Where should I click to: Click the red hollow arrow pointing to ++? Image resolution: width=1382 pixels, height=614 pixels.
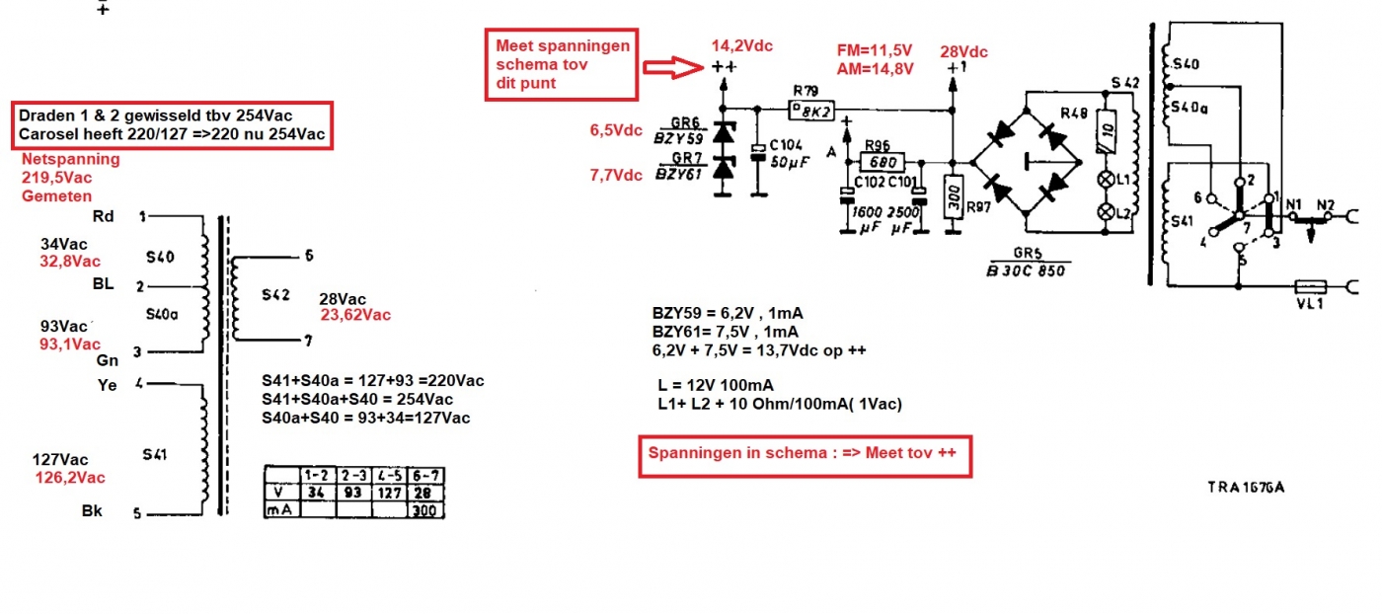coord(674,67)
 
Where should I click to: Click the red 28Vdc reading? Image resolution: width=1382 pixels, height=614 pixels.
coord(963,51)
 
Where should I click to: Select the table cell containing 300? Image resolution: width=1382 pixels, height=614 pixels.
coord(424,510)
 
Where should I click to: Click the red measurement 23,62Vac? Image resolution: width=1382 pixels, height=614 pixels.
coord(355,315)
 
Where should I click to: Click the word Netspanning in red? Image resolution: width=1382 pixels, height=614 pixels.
coord(71,159)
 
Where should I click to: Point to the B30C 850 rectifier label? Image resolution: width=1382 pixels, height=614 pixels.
coord(1028,270)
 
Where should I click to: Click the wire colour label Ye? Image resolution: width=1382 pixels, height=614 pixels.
coord(107,385)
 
